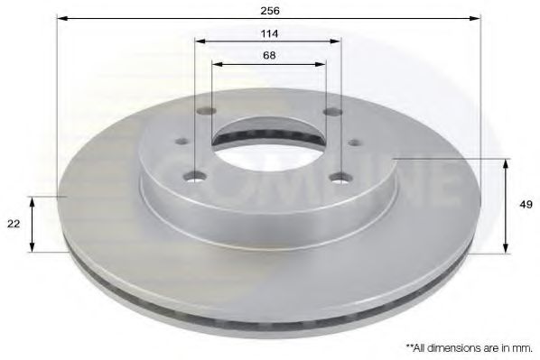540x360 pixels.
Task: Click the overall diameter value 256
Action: tap(268, 10)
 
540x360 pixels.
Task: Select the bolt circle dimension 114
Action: tap(268, 33)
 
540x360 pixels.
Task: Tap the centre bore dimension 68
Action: tap(268, 55)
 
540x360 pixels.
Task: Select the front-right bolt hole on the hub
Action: tap(341, 177)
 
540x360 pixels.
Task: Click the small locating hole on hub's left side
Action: tap(180, 141)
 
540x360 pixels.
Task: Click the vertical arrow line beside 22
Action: tap(33, 224)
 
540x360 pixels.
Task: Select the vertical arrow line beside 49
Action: tap(506, 204)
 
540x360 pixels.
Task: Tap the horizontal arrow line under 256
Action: tap(268, 19)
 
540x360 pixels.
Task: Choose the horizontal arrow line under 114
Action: tap(268, 42)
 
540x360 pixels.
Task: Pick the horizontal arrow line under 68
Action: tap(268, 64)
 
